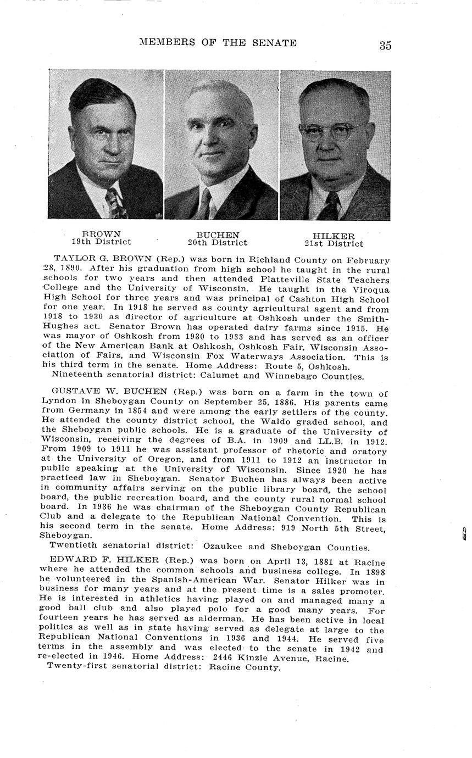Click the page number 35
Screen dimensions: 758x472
tap(385, 46)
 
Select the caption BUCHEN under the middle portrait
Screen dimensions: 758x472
tap(218, 235)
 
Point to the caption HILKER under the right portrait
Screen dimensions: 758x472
tap(334, 236)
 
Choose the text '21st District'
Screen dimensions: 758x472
tap(334, 244)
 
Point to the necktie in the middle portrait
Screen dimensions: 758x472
tap(204, 204)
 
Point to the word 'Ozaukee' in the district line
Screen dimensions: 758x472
tap(222, 547)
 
